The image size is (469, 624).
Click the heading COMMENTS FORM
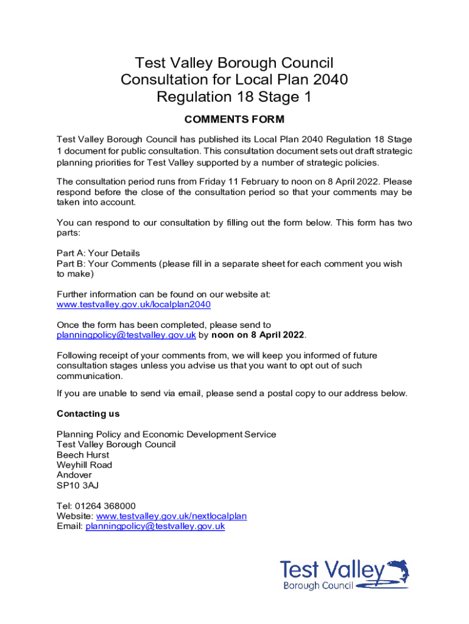(234, 119)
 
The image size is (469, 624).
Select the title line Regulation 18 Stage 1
(234, 97)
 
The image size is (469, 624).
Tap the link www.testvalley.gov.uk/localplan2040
(133, 305)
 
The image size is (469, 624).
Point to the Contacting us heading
(88, 414)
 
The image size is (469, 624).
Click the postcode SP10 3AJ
(77, 485)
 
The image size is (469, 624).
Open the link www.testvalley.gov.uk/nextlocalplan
(172, 516)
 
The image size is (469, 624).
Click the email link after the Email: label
(155, 526)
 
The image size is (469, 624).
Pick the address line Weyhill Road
(84, 465)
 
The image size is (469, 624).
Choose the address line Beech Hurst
(83, 455)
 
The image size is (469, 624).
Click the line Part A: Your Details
(98, 253)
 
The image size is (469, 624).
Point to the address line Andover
(74, 475)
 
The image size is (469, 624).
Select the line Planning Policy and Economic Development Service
(166, 434)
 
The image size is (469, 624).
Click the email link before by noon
(126, 335)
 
